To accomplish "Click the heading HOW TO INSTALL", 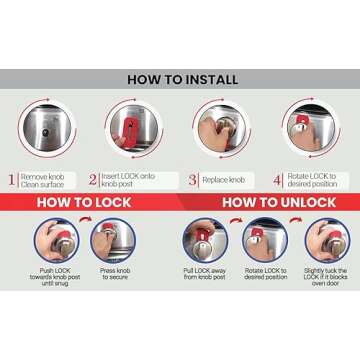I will tap(180, 78).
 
